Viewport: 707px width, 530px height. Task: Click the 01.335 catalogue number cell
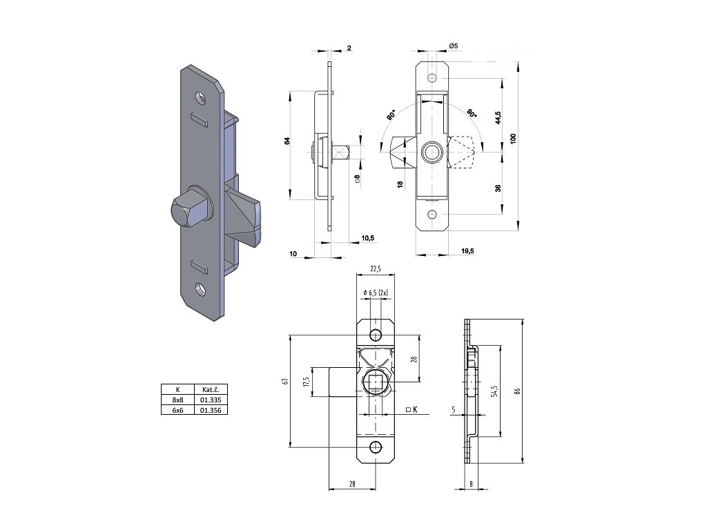pyautogui.click(x=211, y=400)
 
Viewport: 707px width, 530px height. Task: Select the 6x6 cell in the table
pyautogui.click(x=177, y=410)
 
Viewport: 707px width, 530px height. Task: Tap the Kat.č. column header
pyautogui.click(x=211, y=389)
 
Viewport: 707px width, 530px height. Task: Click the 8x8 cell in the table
pyautogui.click(x=177, y=400)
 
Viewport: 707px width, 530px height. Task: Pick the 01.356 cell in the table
pyautogui.click(x=211, y=410)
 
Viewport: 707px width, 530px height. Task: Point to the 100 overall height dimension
pyautogui.click(x=513, y=138)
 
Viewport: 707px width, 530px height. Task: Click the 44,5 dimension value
pyautogui.click(x=498, y=117)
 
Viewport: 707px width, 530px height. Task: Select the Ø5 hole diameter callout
pyautogui.click(x=454, y=46)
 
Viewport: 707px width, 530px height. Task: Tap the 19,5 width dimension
pyautogui.click(x=468, y=251)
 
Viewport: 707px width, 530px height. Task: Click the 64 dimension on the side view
pyautogui.click(x=287, y=140)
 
